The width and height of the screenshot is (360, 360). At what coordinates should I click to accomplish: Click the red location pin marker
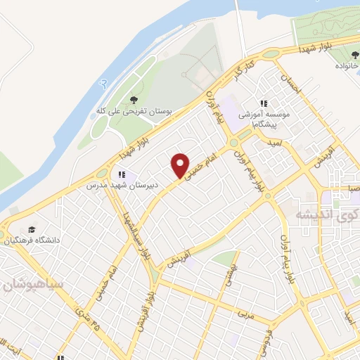point(181,165)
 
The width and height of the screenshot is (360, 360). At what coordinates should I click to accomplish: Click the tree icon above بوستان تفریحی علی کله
point(134,99)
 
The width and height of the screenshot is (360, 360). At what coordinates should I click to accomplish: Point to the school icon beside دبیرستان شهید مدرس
point(122,174)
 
